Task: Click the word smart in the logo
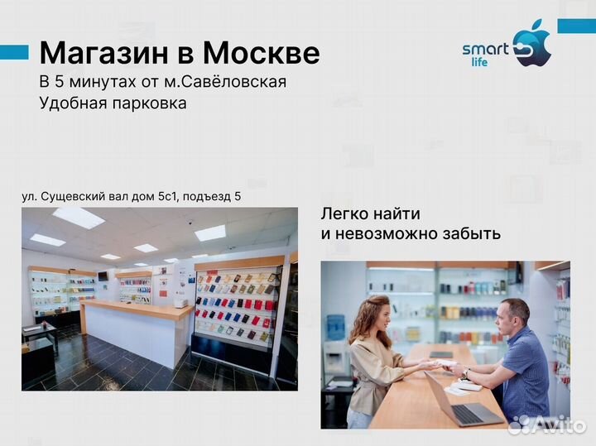(x=485, y=50)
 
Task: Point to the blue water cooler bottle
(x=336, y=328)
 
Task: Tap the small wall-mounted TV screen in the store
(x=103, y=275)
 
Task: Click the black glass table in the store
(x=38, y=332)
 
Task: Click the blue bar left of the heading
(x=14, y=53)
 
